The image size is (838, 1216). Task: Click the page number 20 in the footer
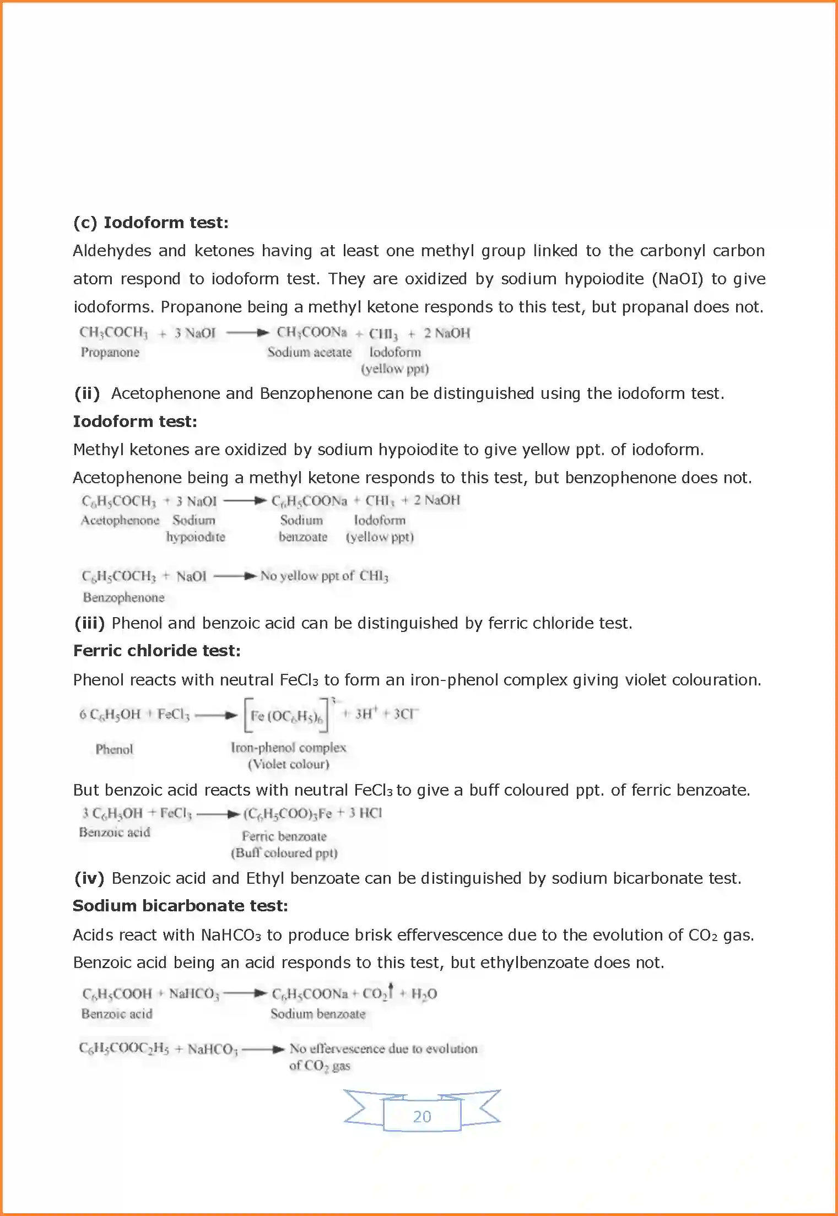(421, 1116)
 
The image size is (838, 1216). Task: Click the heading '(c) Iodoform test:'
(150, 223)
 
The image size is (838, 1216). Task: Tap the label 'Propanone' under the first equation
(110, 352)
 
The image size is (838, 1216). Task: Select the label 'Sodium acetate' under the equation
(309, 352)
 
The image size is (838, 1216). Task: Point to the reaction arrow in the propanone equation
(247, 333)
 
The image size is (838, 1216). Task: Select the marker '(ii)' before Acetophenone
(87, 393)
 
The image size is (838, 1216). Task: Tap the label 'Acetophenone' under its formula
(120, 520)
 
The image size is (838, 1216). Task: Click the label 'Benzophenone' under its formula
(123, 597)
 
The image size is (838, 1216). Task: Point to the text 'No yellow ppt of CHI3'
(324, 576)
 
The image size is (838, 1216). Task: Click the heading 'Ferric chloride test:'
(156, 651)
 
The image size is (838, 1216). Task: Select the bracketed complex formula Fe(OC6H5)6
(286, 716)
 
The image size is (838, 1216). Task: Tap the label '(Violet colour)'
(288, 764)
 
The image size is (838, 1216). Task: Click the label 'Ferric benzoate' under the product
(284, 836)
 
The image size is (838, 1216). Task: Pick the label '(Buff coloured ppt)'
(284, 853)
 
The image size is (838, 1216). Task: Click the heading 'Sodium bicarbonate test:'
(180, 906)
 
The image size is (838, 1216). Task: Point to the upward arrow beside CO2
(391, 990)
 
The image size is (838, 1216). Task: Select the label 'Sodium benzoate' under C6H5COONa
(317, 1014)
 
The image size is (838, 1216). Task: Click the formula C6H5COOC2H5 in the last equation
(123, 1048)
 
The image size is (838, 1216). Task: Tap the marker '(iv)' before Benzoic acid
(89, 878)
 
